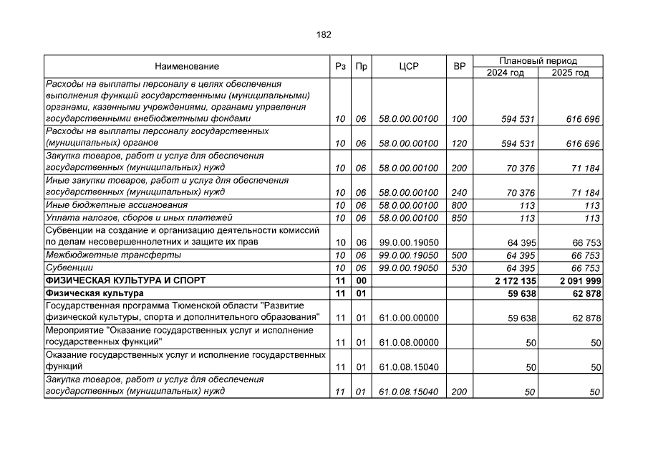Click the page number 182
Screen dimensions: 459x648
324,34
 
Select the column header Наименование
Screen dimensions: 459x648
186,67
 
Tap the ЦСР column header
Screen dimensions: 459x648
408,67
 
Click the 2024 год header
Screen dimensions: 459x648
505,73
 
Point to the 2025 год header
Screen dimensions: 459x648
571,73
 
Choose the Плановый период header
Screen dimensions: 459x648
538,61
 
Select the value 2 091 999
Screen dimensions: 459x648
580,280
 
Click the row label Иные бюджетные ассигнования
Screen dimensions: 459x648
107,205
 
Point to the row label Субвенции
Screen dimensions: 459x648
64,268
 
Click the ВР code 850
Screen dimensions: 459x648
459,218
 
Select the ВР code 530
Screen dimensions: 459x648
459,268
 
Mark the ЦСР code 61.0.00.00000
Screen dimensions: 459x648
408,318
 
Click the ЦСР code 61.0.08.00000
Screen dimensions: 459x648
408,343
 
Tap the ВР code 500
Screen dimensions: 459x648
459,255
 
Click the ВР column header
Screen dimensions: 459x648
459,67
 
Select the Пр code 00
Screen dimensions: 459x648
362,280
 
